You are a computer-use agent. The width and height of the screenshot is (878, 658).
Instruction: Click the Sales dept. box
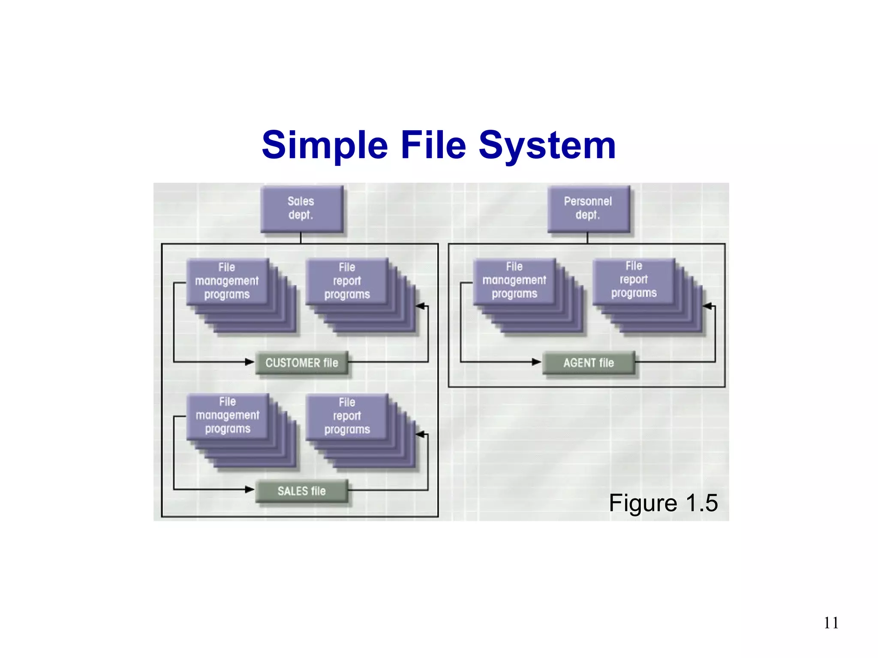pos(301,209)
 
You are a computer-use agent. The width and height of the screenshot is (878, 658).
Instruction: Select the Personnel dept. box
pos(588,209)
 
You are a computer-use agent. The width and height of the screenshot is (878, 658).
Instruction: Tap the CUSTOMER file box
pos(302,363)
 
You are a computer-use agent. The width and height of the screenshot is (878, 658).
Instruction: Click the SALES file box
pos(302,491)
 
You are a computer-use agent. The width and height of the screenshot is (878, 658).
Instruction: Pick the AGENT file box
pos(589,363)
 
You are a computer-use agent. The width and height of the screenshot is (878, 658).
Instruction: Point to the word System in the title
pos(547,145)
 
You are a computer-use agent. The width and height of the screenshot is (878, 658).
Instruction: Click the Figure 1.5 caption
pos(663,502)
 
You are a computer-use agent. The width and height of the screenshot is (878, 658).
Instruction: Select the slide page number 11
pos(831,623)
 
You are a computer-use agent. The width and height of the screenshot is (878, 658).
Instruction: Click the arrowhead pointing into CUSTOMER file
pos(250,362)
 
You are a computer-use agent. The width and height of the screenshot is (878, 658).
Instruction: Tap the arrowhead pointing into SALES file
pos(250,489)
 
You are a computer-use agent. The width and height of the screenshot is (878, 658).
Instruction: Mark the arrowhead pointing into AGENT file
pos(536,362)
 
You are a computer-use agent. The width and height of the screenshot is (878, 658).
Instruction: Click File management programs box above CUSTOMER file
pos(227,281)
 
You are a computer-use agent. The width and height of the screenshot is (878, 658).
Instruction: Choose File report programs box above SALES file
pos(347,416)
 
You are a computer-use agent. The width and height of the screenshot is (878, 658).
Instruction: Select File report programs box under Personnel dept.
pos(634,280)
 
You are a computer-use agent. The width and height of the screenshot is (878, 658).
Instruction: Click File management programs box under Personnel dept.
pos(514,280)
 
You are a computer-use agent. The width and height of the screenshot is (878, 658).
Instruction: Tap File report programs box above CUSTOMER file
pos(347,281)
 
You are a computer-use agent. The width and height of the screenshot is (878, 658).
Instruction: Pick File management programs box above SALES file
pos(227,416)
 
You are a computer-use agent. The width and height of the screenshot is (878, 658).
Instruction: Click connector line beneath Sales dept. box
pos(301,238)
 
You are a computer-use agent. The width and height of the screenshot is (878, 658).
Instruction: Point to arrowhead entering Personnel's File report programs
pos(708,306)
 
